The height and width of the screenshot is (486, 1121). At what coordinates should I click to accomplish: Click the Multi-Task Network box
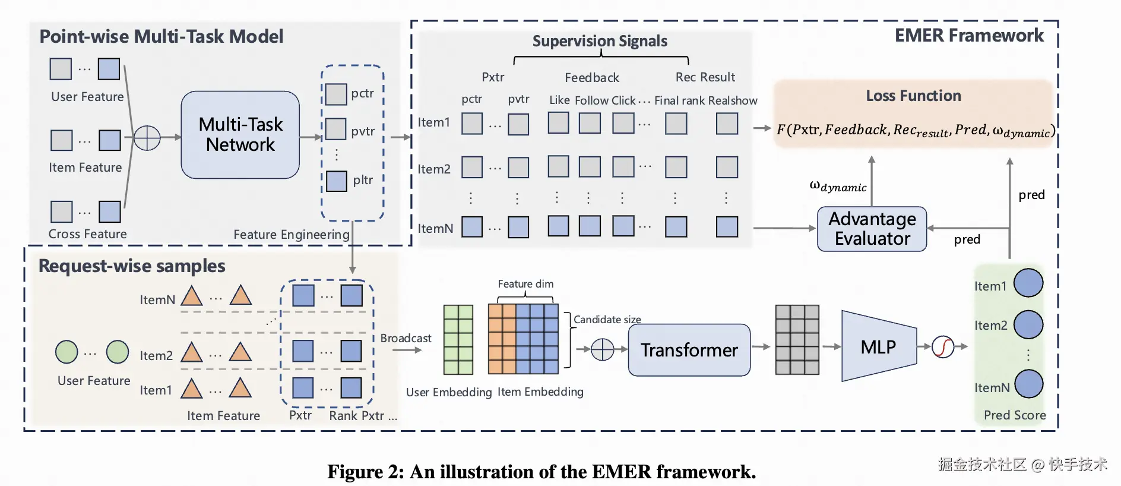pos(240,135)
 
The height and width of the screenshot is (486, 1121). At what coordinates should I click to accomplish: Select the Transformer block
pos(689,350)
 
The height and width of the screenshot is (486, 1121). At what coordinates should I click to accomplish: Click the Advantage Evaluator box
pos(872,229)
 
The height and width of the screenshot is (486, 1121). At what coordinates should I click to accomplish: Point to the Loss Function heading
pos(913,96)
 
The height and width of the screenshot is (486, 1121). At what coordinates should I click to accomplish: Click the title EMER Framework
pos(969,36)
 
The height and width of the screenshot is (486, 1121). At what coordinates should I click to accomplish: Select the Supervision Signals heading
pos(600,41)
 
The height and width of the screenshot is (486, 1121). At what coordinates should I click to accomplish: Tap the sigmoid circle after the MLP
pos(943,346)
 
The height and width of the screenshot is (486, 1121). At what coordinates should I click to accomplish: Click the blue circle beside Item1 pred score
pos(1028,283)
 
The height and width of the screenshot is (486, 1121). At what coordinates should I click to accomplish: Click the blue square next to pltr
pos(337,181)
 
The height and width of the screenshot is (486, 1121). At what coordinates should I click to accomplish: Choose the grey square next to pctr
pos(336,94)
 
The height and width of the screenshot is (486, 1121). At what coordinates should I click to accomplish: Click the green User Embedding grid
pos(458,340)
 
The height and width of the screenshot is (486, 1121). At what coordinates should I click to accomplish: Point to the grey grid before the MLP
pos(797,340)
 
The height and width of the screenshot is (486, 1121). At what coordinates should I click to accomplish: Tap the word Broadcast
pos(406,338)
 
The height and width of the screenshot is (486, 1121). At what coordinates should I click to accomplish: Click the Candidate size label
pos(607,320)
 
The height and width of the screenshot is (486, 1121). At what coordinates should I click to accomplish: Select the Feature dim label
pos(525,284)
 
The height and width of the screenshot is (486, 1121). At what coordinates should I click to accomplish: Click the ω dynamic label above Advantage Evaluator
pos(838,187)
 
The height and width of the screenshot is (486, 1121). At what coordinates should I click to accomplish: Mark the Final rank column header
pos(679,100)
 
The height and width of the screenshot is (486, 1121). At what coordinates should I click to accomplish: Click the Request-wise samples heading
pos(132,266)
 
